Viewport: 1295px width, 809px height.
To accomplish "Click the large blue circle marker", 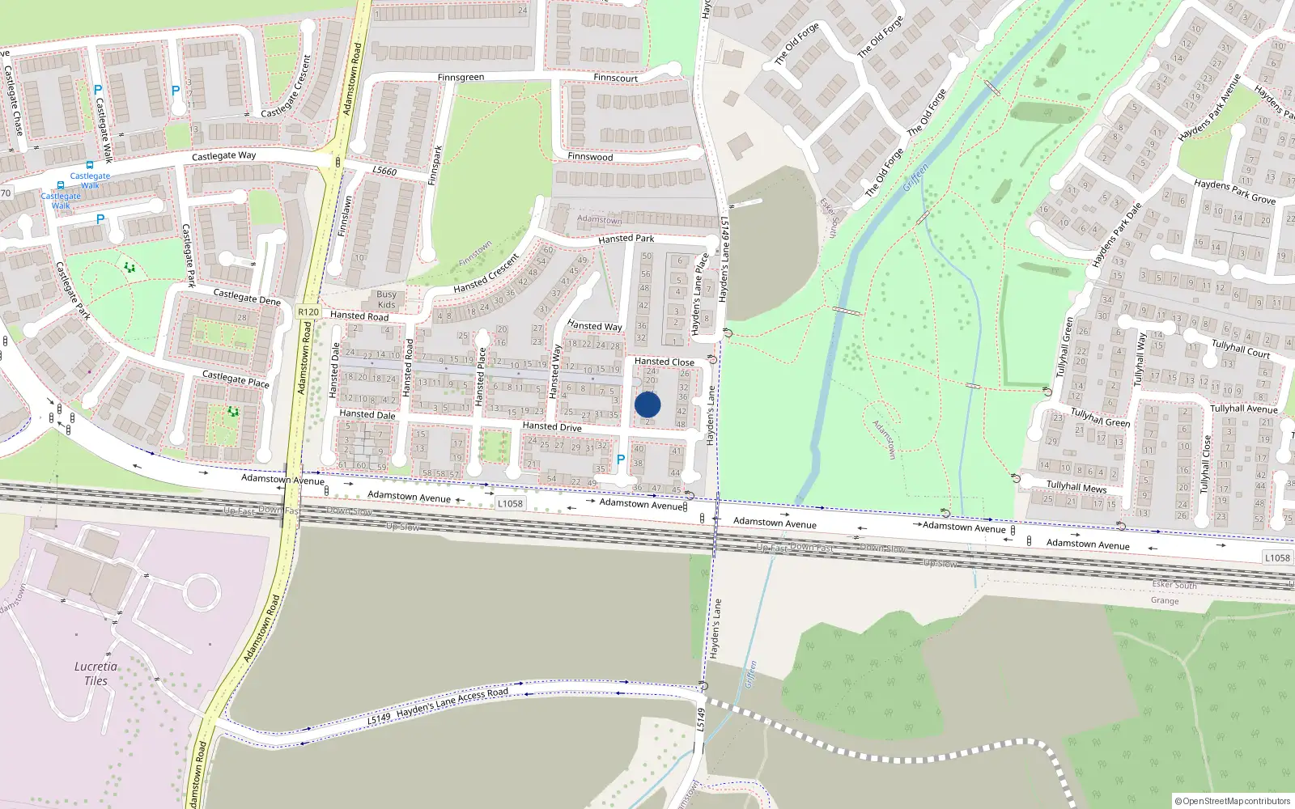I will [647, 404].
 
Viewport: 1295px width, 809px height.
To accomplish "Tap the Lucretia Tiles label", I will [96, 673].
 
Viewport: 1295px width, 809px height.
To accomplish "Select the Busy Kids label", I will [386, 299].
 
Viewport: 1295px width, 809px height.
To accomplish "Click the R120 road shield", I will [308, 311].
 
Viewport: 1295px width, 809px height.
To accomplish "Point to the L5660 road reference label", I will [384, 171].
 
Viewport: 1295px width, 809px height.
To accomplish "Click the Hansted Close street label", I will [664, 362].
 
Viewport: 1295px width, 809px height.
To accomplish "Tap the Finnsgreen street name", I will [461, 78].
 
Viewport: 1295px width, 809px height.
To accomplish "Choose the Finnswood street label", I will [590, 157].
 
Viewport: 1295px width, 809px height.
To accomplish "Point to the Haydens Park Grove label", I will [1234, 192].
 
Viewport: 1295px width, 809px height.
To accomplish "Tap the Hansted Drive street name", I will [552, 426].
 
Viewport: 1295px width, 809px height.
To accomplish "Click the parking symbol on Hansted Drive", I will [621, 460].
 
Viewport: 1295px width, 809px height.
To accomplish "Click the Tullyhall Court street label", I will [1241, 348].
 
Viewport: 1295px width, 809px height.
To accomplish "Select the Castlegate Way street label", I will [223, 155].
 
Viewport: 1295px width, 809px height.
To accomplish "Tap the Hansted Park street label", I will [626, 239].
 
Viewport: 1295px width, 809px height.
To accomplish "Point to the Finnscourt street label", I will [615, 78].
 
